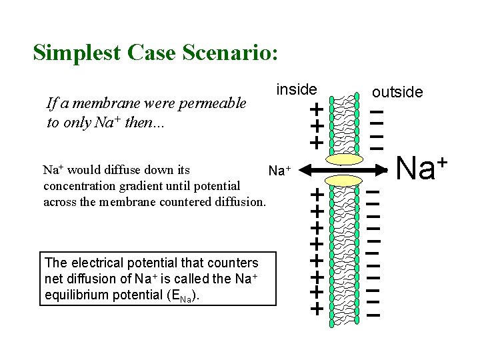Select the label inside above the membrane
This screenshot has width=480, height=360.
(297, 89)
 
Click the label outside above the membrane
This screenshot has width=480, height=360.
(397, 92)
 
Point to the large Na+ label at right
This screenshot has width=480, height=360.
(420, 167)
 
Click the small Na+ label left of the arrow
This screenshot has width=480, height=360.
(280, 172)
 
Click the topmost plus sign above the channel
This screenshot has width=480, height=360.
(317, 109)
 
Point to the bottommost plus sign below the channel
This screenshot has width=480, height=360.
(317, 309)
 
